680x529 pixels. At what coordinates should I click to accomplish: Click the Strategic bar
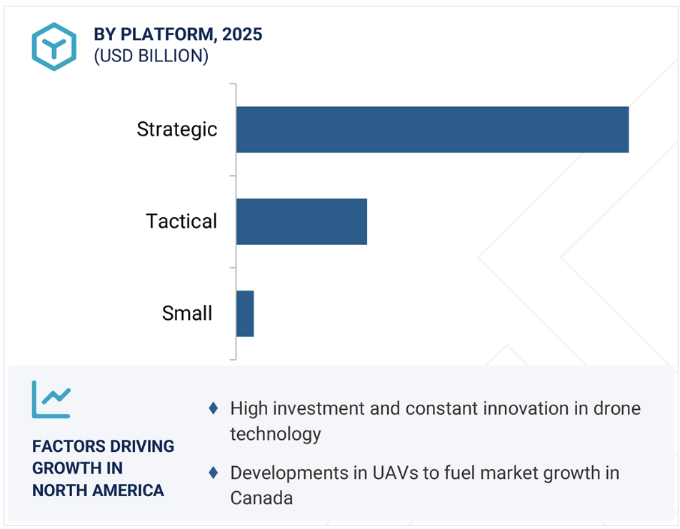point(432,129)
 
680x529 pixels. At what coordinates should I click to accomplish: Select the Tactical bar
point(301,221)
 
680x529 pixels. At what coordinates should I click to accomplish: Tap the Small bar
point(245,313)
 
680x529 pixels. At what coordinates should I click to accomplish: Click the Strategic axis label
point(177,129)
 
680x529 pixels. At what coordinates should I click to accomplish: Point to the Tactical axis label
point(181,221)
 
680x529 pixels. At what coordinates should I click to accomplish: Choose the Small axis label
point(187,313)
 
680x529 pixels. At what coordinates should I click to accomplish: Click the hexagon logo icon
point(54,46)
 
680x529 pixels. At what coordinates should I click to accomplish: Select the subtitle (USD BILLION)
point(151,56)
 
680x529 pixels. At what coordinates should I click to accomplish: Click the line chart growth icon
point(51,400)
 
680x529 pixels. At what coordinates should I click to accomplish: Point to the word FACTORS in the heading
point(66,446)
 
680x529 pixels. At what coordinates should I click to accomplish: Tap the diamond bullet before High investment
point(213,408)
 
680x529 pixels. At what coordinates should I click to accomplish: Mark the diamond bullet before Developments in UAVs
point(213,473)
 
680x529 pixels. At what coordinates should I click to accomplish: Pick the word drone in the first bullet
point(614,408)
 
